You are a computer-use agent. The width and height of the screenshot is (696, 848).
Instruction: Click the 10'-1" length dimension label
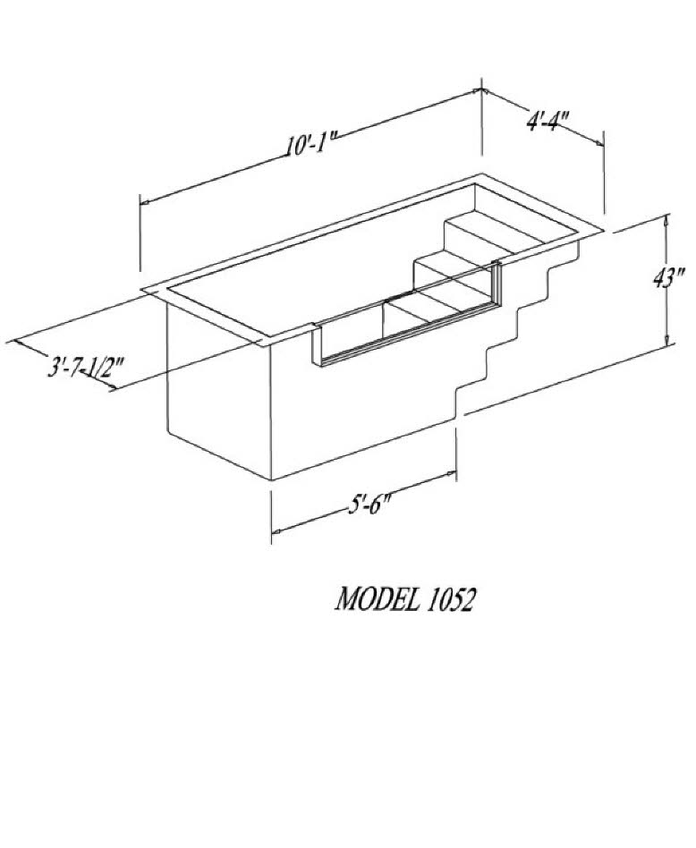coord(313,144)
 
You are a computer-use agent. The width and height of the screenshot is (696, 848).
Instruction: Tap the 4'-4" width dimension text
coord(547,120)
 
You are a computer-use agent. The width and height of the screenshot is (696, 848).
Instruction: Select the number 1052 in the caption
coord(451,599)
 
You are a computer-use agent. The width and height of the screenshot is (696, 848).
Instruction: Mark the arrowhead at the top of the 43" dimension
coord(666,219)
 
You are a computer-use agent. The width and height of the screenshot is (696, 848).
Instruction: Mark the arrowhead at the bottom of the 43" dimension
coord(667,338)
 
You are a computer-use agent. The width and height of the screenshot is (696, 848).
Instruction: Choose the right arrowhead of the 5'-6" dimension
coord(451,474)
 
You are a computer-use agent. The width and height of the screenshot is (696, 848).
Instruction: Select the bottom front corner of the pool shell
coord(271,479)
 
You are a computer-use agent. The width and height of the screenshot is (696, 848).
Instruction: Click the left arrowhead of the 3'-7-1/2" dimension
coord(18,343)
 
